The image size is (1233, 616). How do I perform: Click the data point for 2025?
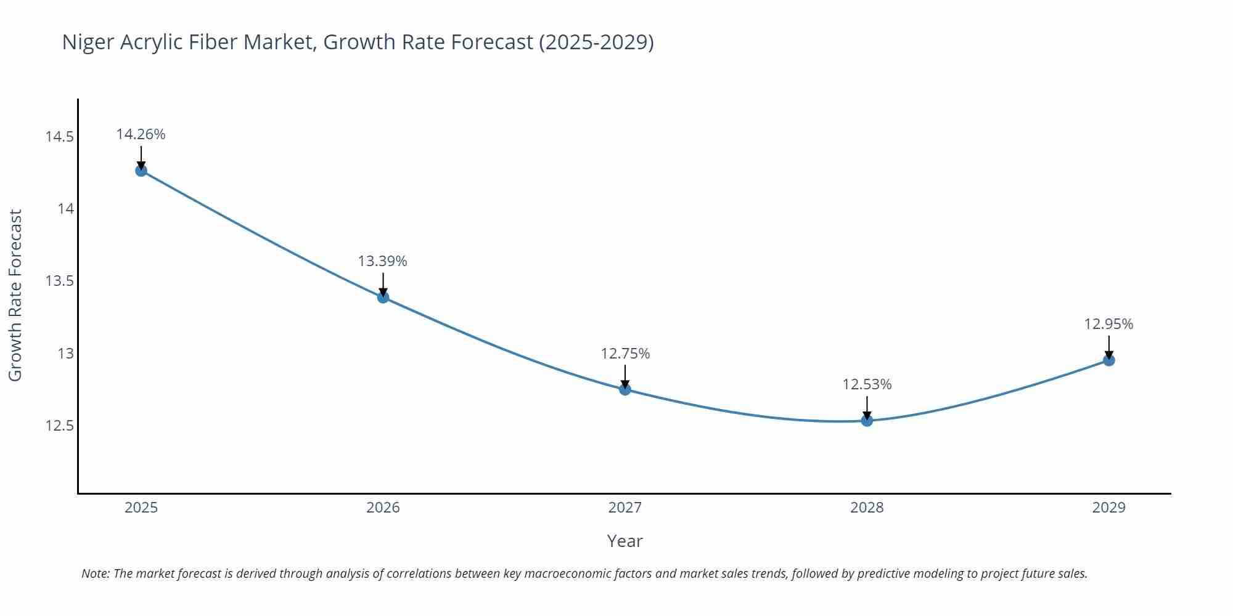click(141, 171)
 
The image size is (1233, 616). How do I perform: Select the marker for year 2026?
click(383, 298)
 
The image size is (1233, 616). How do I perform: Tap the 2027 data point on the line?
click(625, 389)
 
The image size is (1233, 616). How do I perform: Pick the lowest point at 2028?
click(867, 421)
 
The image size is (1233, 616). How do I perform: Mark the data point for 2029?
click(1108, 360)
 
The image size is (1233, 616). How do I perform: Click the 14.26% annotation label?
click(141, 134)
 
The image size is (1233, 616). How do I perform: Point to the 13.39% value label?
click(382, 261)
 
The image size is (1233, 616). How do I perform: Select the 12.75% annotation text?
click(625, 354)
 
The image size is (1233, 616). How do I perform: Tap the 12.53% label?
click(867, 384)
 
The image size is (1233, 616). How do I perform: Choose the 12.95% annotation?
click(1108, 324)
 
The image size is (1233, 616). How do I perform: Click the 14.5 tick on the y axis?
click(59, 136)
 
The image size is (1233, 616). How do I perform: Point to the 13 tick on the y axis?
click(65, 354)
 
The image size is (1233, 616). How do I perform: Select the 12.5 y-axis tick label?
click(59, 426)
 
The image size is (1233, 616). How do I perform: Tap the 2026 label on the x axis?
click(383, 508)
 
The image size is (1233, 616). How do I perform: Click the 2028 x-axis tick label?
click(867, 508)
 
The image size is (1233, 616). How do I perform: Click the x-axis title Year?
click(625, 541)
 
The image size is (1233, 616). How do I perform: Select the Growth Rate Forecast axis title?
click(15, 295)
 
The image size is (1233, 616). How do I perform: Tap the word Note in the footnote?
click(94, 573)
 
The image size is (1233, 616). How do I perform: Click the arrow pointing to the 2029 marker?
click(1108, 346)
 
